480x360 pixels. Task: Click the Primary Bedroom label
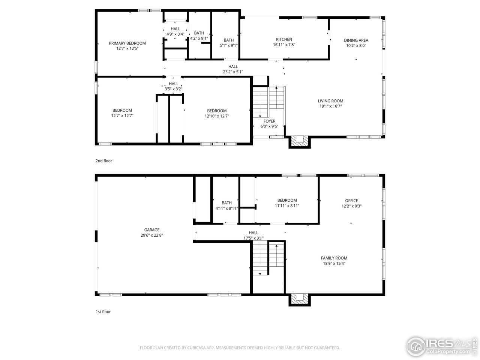click(x=127, y=43)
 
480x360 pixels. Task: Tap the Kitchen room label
click(x=284, y=39)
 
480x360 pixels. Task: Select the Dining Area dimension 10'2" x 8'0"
click(x=356, y=45)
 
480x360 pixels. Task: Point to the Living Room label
click(x=330, y=101)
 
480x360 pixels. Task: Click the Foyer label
click(x=269, y=121)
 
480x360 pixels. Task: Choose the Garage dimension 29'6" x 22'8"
click(x=152, y=235)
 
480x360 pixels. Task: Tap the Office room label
click(x=351, y=201)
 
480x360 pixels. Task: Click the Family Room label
click(x=334, y=258)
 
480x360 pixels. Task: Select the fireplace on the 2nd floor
click(x=300, y=141)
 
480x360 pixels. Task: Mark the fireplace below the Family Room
click(x=300, y=298)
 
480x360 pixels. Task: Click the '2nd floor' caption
click(x=103, y=161)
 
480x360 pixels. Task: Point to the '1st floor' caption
click(x=103, y=312)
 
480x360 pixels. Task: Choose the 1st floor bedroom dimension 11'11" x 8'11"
click(x=287, y=205)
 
